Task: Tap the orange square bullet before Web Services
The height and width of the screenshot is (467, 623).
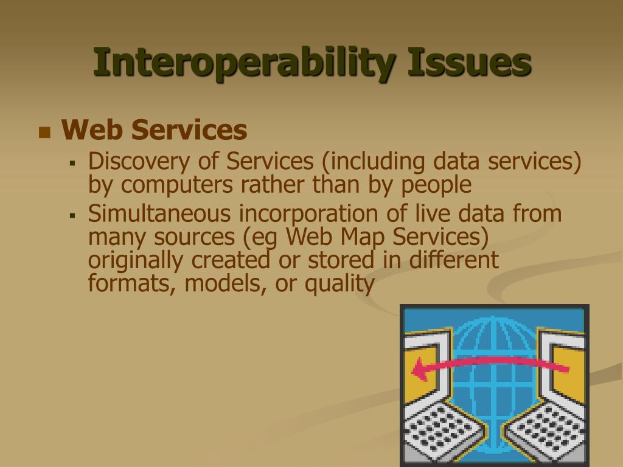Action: tap(44, 132)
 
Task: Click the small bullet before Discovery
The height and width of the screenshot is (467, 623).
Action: tap(73, 163)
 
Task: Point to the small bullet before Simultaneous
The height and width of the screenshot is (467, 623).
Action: tap(73, 215)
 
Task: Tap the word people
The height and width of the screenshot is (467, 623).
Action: tap(436, 185)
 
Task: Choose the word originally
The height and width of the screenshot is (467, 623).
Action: tap(136, 260)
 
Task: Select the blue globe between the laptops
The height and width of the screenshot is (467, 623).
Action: tap(494, 365)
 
